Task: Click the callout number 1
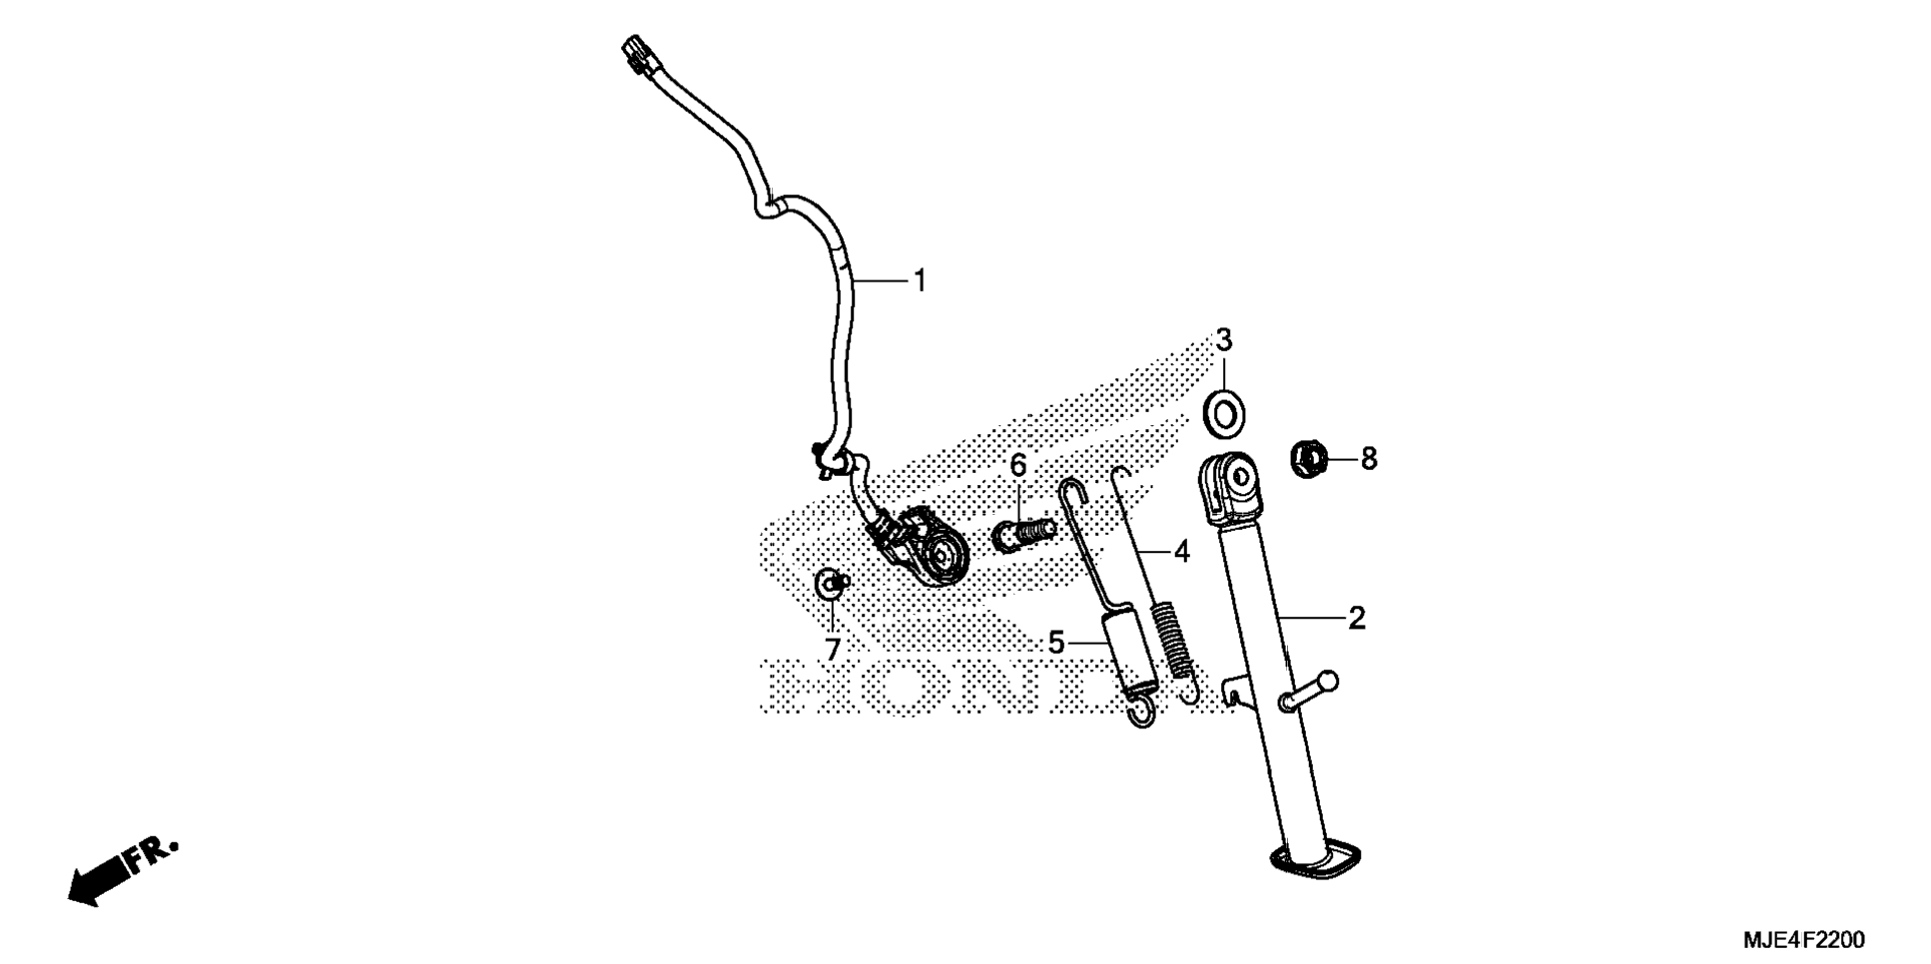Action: click(920, 281)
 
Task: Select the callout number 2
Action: click(1356, 619)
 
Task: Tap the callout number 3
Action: click(1223, 340)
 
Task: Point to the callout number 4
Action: click(1182, 551)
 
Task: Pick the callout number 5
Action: click(1056, 643)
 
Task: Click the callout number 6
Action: click(1017, 465)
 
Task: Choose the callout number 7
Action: click(833, 650)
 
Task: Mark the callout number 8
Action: click(1369, 459)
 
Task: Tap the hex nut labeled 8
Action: click(1309, 459)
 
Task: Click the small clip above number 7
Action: click(831, 584)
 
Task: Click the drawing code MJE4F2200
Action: click(1803, 940)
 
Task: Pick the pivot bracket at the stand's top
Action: click(1233, 488)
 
